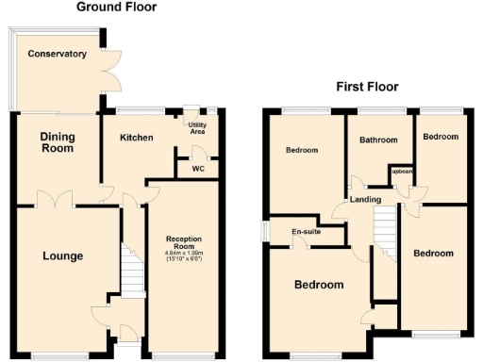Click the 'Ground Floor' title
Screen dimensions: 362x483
[x=118, y=8]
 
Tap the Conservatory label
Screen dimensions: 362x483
[x=57, y=54]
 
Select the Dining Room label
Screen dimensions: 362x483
[x=57, y=143]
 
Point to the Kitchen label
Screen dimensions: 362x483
[x=136, y=138]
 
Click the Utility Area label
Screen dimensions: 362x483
[x=197, y=129]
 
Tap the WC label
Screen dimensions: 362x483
[x=197, y=169]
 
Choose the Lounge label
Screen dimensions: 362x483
[x=62, y=255]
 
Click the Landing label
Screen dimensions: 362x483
[x=365, y=200]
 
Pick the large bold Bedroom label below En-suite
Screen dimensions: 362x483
[x=318, y=285]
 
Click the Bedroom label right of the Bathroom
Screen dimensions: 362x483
[x=441, y=137]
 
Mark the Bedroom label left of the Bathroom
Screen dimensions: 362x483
[x=302, y=150]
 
